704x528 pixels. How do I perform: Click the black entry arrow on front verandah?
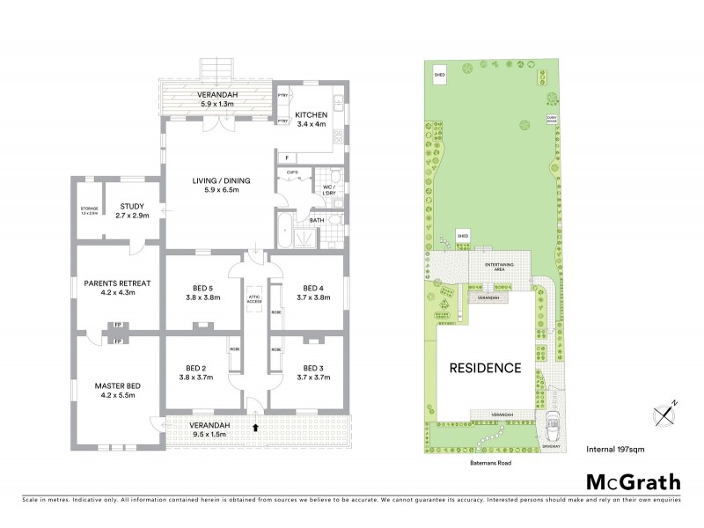255,428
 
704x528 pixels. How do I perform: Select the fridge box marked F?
287,158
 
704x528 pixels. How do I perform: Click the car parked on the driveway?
554,429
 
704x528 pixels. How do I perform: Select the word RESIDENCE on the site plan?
487,368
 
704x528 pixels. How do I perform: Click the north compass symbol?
664,412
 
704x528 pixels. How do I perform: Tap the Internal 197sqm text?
620,448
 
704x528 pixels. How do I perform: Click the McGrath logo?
633,480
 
